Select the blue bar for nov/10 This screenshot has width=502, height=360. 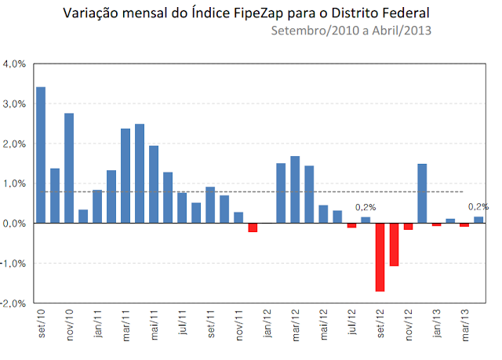[69, 169]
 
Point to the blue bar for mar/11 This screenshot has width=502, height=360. [125, 176]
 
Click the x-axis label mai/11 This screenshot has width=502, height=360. [154, 326]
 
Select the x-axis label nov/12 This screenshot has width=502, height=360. [408, 326]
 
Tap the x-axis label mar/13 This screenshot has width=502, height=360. [464, 326]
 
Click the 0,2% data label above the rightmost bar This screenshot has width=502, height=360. [478, 207]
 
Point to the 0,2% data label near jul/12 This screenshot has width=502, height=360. [366, 207]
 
